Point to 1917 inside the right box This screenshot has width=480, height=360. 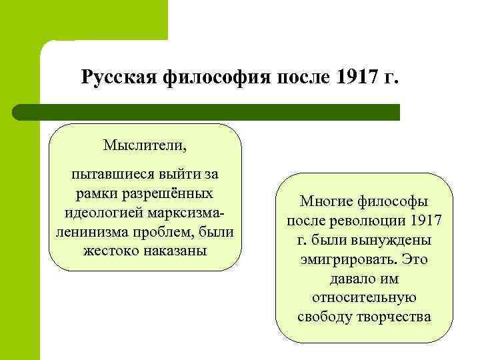click(427, 220)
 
